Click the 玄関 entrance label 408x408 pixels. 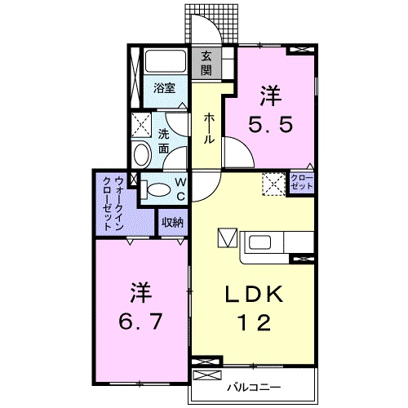pos(208,63)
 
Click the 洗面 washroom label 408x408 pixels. pos(165,142)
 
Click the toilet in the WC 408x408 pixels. pos(157,190)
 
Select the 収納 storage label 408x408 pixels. pos(171,222)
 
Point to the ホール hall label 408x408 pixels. pos(209,128)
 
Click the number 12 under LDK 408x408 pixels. pos(253,324)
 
